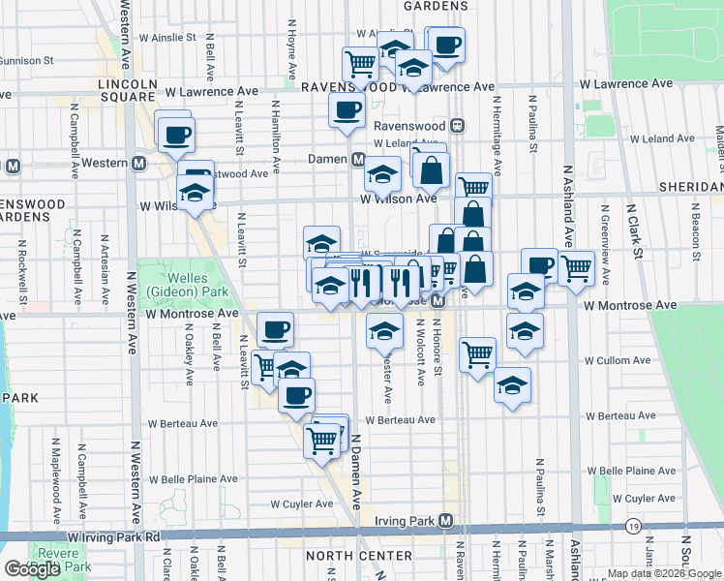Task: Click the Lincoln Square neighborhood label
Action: [x=128, y=91]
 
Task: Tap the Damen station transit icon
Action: [x=357, y=159]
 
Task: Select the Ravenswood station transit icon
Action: [x=458, y=126]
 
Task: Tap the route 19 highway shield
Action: [x=633, y=526]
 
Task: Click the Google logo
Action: [x=32, y=569]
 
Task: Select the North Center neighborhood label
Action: [x=347, y=556]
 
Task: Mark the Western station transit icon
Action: [x=139, y=163]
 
